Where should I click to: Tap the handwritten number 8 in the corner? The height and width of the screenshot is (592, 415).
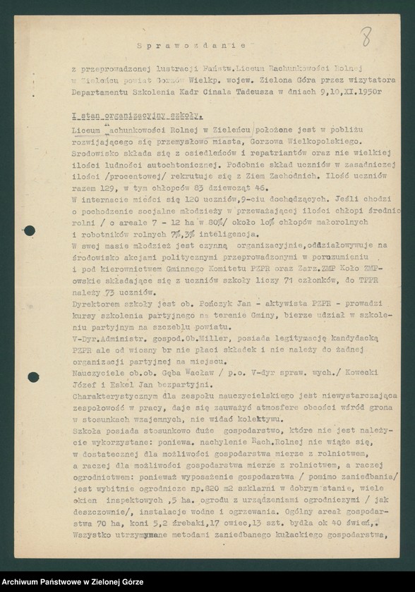coord(366,37)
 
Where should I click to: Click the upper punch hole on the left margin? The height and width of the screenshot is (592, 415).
coord(30,230)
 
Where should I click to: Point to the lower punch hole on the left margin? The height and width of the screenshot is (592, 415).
coord(32,377)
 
